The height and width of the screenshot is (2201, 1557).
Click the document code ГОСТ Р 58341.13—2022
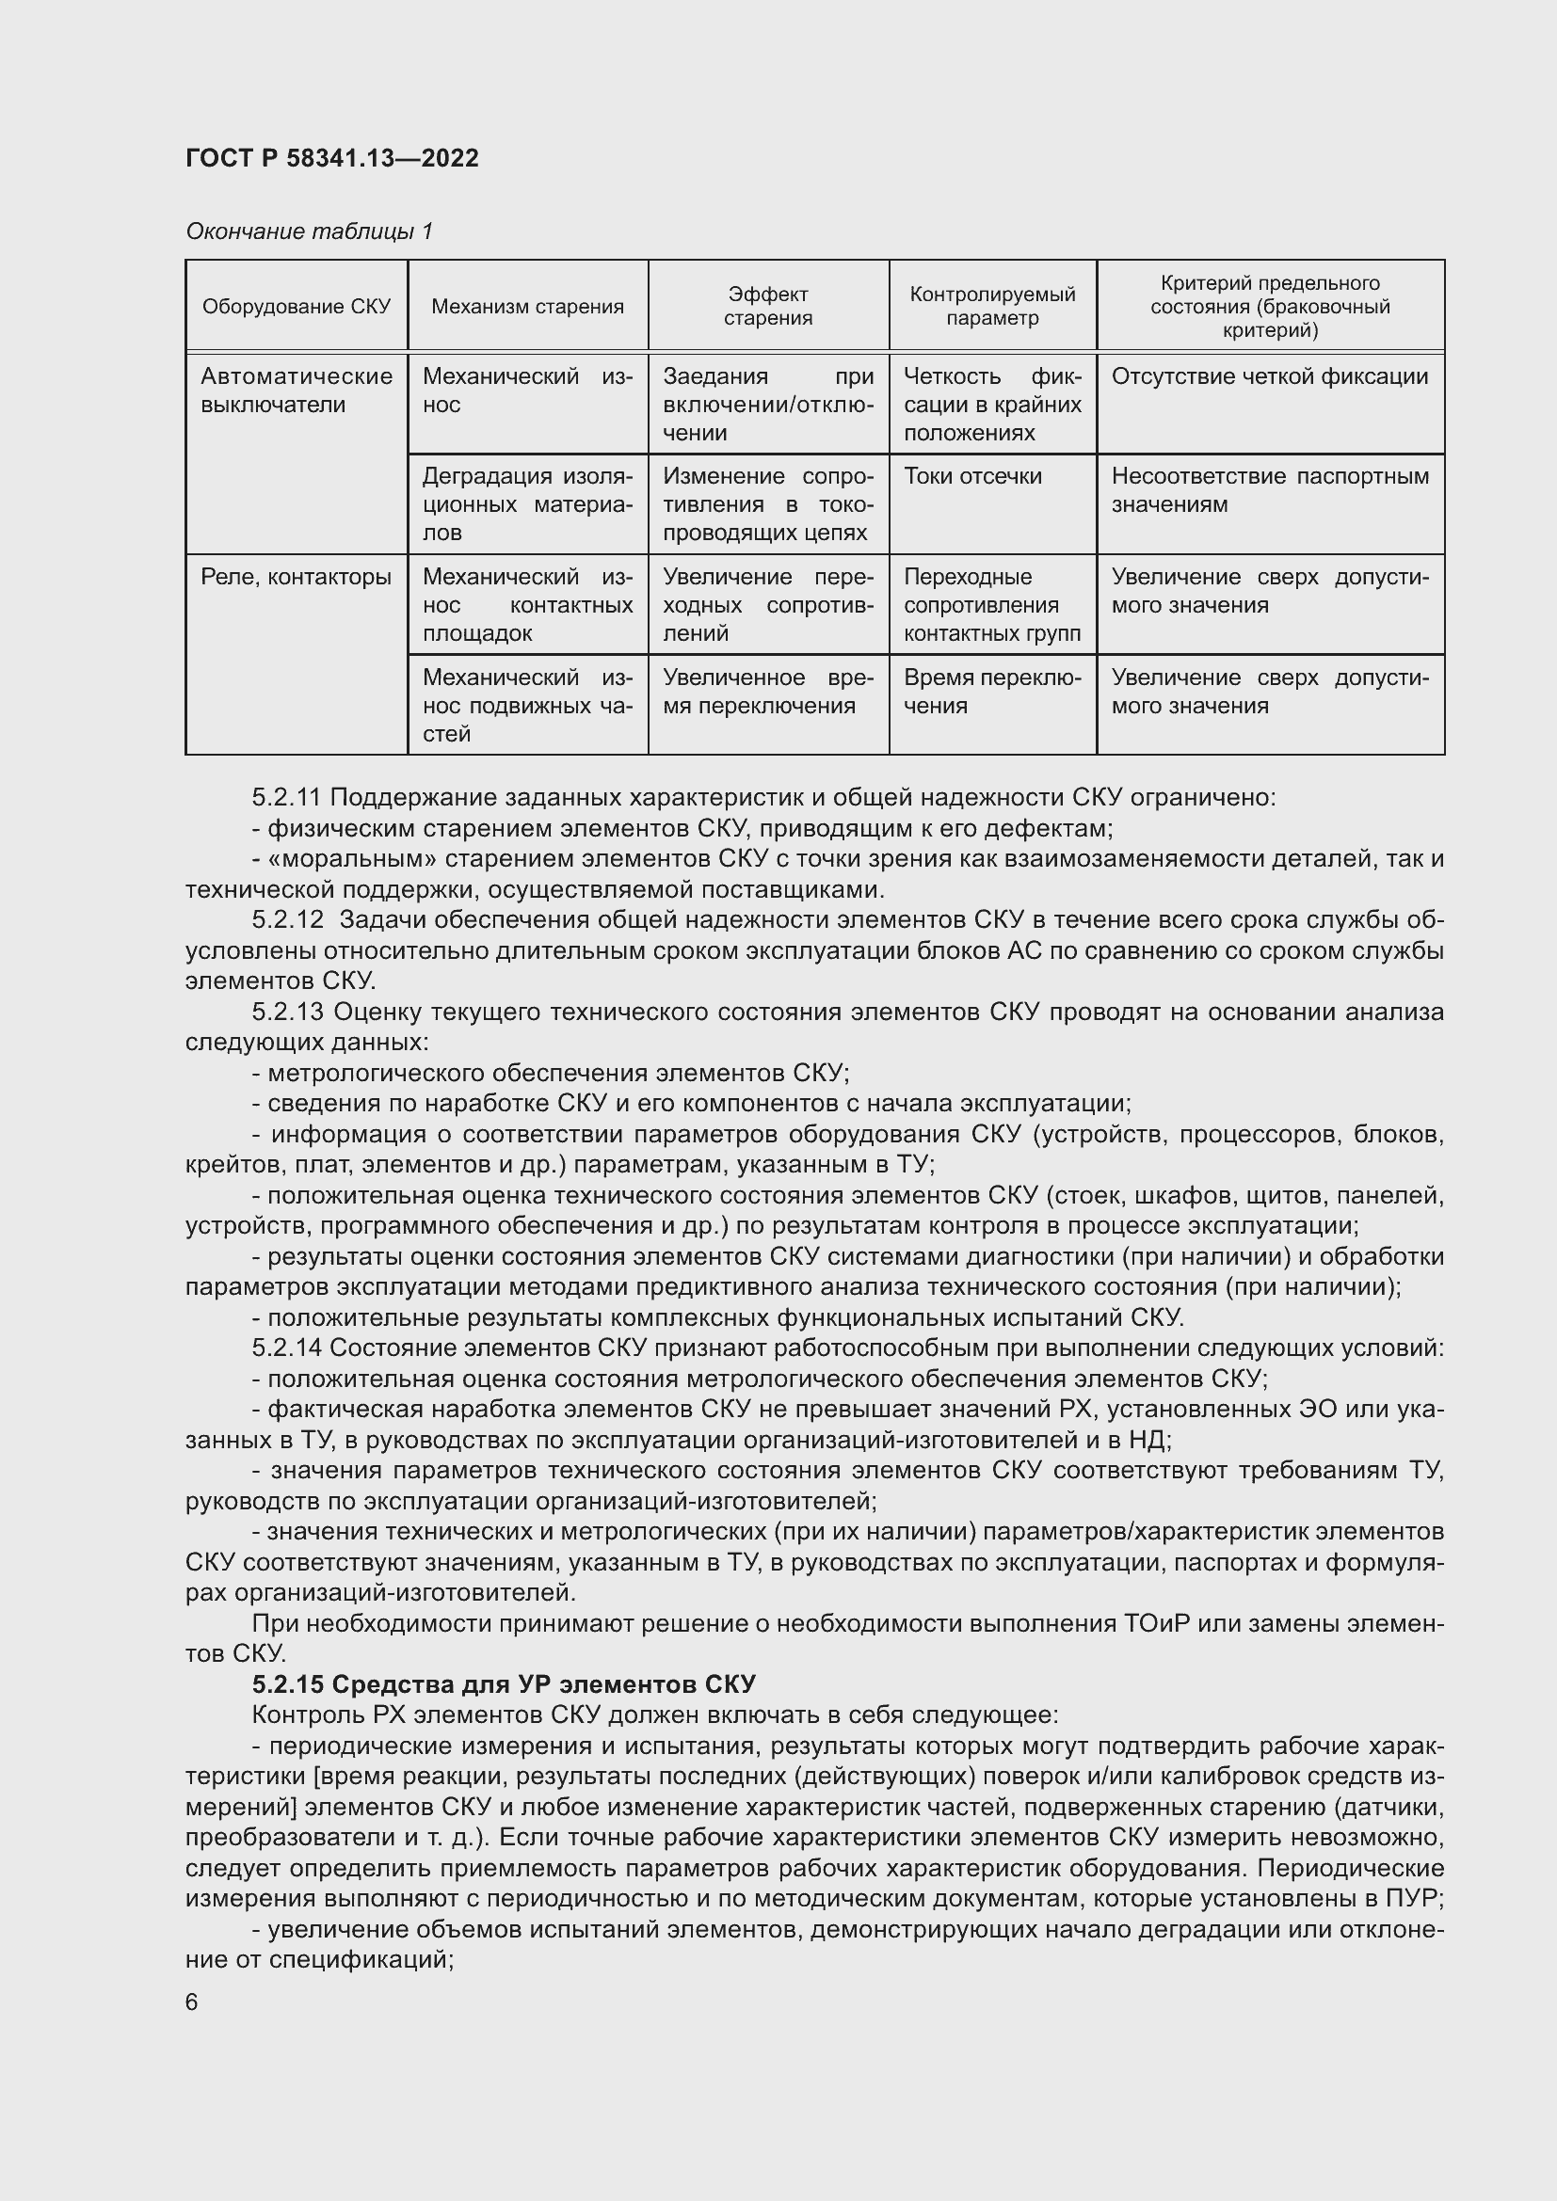tap(331, 158)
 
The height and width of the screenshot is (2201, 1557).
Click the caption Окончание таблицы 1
tap(309, 231)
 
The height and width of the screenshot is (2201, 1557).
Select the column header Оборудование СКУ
tap(297, 307)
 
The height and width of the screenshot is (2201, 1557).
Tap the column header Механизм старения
tap(527, 307)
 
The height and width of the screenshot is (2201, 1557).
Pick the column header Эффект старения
tap(768, 307)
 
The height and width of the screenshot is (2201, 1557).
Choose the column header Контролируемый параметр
tap(992, 307)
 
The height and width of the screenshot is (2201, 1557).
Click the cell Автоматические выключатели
tap(297, 391)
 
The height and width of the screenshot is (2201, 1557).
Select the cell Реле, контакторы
tap(297, 577)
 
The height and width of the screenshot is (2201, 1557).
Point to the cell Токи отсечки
tap(972, 476)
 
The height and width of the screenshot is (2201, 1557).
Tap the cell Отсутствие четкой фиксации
tap(1269, 376)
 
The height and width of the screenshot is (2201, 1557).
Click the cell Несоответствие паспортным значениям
tap(1269, 490)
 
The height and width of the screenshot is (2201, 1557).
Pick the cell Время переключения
tap(991, 692)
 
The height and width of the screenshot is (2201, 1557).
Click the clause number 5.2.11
tap(288, 798)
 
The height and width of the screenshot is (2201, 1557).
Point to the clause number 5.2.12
tap(288, 920)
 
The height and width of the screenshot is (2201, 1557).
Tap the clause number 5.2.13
tap(288, 1013)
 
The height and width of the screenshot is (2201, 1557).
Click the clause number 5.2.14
tap(288, 1348)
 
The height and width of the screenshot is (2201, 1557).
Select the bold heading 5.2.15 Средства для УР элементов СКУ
tap(505, 1684)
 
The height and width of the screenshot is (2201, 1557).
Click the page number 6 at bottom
tap(192, 2002)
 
